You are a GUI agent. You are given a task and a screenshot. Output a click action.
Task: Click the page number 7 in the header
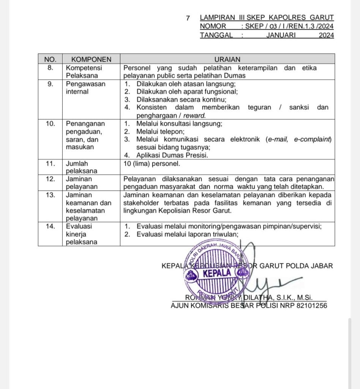188,18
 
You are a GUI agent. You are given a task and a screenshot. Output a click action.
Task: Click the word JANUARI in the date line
281,35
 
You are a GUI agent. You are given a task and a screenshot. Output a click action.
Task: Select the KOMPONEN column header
91,59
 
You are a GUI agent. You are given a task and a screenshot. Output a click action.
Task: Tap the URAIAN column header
227,59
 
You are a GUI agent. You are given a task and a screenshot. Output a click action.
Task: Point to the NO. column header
50,59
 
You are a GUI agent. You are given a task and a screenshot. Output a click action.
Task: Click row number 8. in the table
50,68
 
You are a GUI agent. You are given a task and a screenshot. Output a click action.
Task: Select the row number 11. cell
50,164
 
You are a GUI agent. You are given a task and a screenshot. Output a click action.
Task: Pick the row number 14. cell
50,226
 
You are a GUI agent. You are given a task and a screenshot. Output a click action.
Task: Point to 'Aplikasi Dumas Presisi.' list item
172,155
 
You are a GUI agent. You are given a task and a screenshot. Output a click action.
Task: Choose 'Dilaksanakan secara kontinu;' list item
181,100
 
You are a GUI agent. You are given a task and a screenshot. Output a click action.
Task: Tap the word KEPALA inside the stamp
217,273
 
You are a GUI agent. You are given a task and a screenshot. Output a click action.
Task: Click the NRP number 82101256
311,305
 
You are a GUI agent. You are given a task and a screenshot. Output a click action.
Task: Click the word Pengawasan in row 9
85,84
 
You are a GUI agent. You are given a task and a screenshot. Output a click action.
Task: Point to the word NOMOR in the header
213,26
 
